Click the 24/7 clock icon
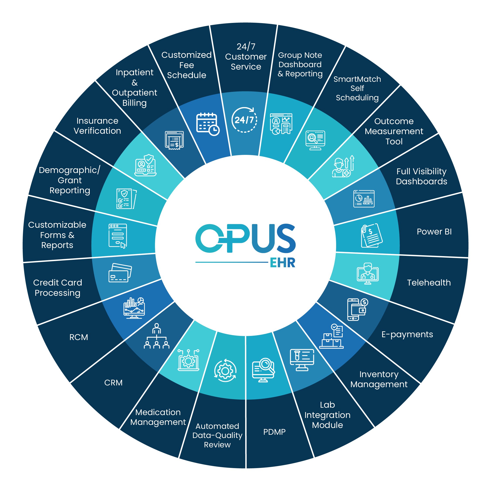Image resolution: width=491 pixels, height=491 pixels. coord(244,120)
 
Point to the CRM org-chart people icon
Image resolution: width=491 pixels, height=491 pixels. coord(157,336)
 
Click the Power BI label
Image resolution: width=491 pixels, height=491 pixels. coord(434,231)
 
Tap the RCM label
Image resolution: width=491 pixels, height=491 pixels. coord(79,337)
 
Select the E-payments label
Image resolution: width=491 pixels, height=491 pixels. coord(407,334)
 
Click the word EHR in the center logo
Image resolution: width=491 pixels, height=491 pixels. coord(282,263)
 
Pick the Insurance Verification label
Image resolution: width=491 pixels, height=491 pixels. coord(97,126)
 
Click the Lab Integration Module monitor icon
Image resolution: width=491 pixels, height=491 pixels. coord(302,360)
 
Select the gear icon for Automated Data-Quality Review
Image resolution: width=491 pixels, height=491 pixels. coord(225,371)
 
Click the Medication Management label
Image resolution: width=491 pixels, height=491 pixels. coord(158,417)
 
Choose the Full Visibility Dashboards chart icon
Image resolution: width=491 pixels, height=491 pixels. coord(364,199)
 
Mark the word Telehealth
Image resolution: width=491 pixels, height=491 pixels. coord(429,283)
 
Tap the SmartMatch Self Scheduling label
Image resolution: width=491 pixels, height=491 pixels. coord(357,88)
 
